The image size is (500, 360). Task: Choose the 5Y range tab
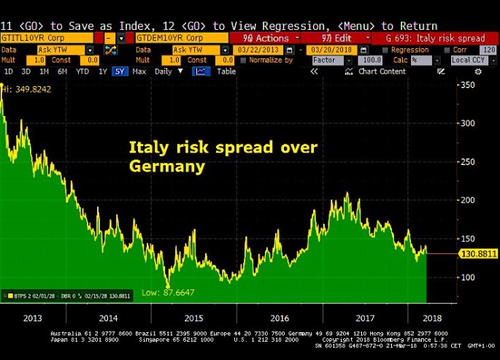pyautogui.click(x=120, y=72)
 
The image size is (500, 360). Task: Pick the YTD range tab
pyautogui.click(x=83, y=72)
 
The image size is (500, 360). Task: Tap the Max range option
pyautogui.click(x=139, y=72)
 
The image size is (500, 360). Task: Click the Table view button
pyautogui.click(x=226, y=72)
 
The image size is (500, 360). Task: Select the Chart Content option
pyautogui.click(x=382, y=72)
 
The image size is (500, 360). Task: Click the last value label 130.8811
pyautogui.click(x=478, y=254)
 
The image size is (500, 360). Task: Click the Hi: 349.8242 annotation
pyautogui.click(x=28, y=88)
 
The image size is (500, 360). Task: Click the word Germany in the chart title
pyautogui.click(x=167, y=166)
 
